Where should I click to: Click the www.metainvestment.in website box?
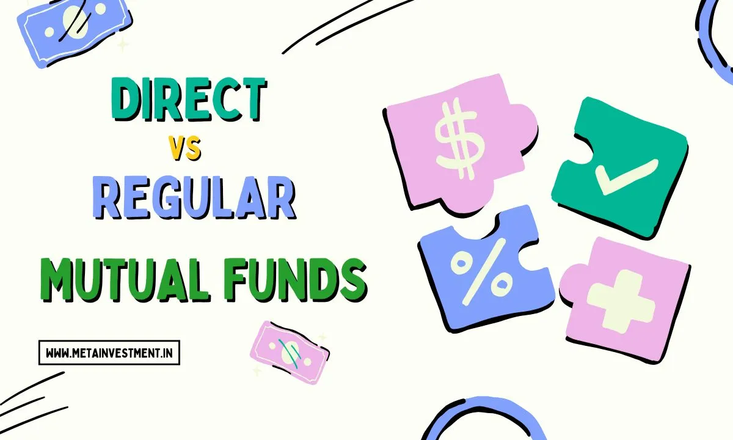point(109,353)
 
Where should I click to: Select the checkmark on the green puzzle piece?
point(626,174)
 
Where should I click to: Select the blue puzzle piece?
point(483,269)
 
